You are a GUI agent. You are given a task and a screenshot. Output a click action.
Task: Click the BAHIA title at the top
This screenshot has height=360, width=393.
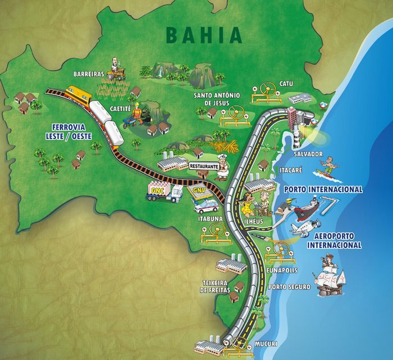pyautogui.click(x=204, y=34)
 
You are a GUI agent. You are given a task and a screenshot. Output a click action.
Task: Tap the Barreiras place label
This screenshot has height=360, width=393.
pyautogui.click(x=89, y=74)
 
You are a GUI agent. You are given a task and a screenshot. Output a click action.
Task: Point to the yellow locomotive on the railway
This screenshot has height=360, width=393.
pyautogui.click(x=79, y=96)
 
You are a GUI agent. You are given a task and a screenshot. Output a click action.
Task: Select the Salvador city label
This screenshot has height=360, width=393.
pyautogui.click(x=308, y=153)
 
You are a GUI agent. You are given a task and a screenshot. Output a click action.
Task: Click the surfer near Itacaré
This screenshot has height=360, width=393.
pyautogui.click(x=329, y=165)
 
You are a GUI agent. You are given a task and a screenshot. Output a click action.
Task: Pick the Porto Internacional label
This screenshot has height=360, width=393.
pyautogui.click(x=323, y=189)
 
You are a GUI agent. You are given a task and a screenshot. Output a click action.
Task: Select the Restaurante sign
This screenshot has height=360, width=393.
pyautogui.click(x=203, y=166)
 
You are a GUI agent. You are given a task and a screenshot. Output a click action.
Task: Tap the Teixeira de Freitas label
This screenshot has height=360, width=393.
pyautogui.click(x=216, y=286)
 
